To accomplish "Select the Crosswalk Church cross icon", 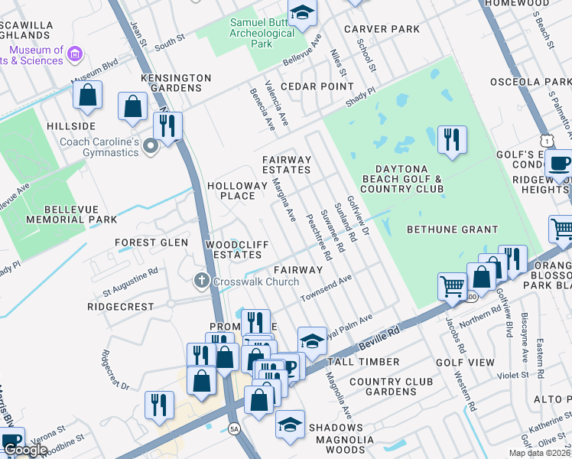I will (201, 281).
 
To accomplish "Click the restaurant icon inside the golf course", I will (452, 140).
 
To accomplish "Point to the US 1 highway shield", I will (546, 140).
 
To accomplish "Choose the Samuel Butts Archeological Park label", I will (263, 32).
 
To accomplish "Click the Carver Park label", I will (382, 29).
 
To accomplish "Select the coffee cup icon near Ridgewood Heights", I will (561, 164).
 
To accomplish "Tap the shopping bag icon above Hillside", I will (88, 96).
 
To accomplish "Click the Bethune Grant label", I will (452, 229).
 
